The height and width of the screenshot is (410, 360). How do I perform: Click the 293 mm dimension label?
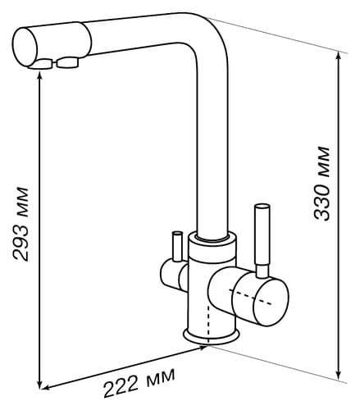[21, 224]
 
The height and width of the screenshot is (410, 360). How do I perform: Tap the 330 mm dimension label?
[321, 184]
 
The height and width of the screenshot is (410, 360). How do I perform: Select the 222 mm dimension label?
[139, 382]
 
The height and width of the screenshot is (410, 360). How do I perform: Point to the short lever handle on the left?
[177, 246]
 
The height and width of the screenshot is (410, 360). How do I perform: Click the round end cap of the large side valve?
[271, 301]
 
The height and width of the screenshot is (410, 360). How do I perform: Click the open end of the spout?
[25, 47]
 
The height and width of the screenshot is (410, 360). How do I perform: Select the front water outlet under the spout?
[42, 65]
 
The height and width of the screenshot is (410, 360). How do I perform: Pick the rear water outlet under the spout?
[68, 63]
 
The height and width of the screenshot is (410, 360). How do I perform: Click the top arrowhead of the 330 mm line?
[339, 56]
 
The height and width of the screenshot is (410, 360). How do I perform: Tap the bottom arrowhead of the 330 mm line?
[339, 375]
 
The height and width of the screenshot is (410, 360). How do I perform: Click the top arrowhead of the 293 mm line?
[40, 74]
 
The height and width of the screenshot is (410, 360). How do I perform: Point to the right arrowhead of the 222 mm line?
[203, 348]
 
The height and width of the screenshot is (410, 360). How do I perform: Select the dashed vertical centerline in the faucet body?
[208, 324]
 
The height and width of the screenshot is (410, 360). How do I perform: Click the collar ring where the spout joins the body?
[212, 237]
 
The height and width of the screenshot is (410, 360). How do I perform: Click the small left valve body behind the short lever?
[173, 275]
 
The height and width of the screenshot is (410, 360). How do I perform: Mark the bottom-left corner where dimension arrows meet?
[40, 389]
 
